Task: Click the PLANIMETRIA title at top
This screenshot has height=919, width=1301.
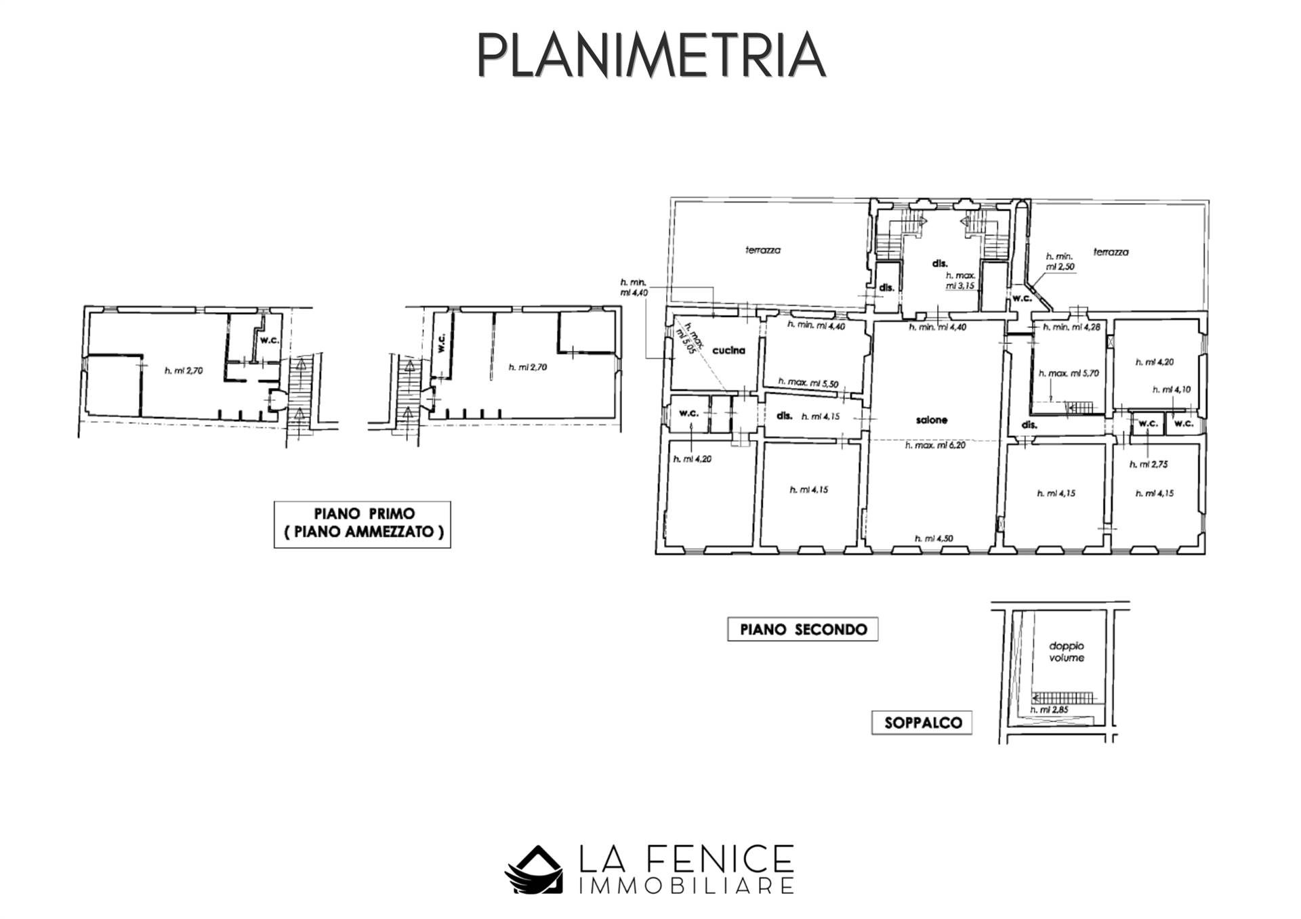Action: click(x=650, y=55)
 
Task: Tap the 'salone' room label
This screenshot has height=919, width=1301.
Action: click(x=931, y=420)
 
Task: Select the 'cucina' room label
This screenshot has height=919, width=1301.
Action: click(x=728, y=350)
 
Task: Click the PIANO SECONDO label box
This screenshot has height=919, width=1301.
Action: click(x=803, y=629)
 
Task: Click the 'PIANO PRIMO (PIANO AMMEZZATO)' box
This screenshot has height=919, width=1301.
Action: click(x=363, y=523)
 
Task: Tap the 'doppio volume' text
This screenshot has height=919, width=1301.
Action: click(x=1067, y=651)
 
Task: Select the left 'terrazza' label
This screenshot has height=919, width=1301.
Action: click(x=763, y=250)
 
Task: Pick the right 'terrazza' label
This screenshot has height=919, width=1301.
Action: click(x=1111, y=252)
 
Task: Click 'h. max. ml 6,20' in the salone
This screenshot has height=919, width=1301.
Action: click(x=934, y=446)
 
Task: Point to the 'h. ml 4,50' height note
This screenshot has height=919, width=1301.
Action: click(x=934, y=538)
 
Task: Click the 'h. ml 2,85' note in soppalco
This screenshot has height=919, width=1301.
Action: click(x=1049, y=710)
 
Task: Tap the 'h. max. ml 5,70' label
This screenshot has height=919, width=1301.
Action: click(x=1069, y=373)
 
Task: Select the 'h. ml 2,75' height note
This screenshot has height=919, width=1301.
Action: click(x=1149, y=465)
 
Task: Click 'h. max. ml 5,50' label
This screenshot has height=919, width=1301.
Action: click(x=808, y=383)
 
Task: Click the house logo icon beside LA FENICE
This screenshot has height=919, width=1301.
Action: click(x=533, y=870)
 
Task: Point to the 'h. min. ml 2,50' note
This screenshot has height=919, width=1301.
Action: click(x=1060, y=261)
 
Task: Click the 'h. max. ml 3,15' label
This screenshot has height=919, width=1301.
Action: click(x=960, y=280)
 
